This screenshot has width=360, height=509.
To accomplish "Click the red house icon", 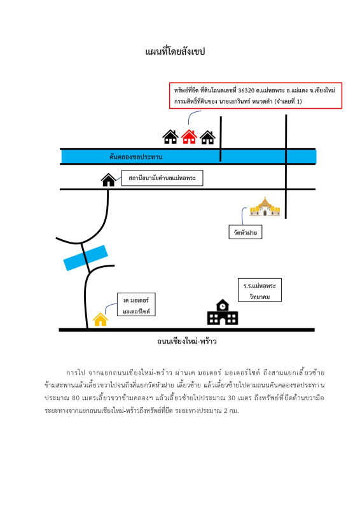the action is (189, 137).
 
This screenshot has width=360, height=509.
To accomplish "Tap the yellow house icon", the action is (100, 319).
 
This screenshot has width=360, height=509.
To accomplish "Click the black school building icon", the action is (223, 312).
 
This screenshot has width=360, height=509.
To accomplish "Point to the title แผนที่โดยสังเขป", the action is (175, 52).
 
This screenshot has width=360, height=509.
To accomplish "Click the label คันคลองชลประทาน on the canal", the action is (135, 157).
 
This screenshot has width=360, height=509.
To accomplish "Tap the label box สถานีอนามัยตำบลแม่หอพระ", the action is (162, 178).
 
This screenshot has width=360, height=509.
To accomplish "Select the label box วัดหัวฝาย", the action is (246, 232).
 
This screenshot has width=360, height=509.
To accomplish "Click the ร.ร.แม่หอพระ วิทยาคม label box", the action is (260, 290).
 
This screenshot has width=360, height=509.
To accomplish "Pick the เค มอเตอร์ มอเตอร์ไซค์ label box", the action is (136, 305).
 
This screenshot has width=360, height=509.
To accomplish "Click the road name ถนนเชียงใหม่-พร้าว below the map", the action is (186, 341).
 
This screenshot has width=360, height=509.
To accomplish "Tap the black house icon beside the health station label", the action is (108, 180).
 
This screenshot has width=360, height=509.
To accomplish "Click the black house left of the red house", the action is (170, 137).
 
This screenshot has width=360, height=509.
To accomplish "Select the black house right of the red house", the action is (207, 137).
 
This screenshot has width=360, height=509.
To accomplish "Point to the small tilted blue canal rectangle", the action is (85, 258).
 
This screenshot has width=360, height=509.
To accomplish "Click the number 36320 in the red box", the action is (246, 90).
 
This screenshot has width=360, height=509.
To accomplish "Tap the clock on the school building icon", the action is (223, 306).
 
